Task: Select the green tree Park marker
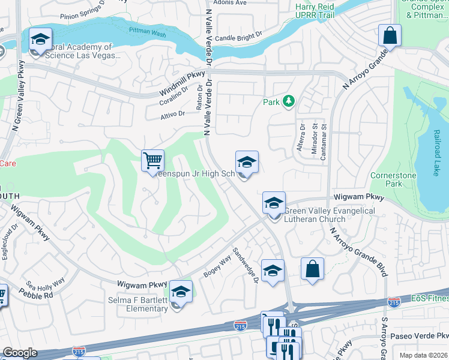[x=289, y=101]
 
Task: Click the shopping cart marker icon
[x=153, y=161]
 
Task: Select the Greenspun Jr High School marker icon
[x=247, y=163]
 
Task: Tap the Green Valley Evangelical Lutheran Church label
[x=329, y=215]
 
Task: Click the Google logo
[x=20, y=353]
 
